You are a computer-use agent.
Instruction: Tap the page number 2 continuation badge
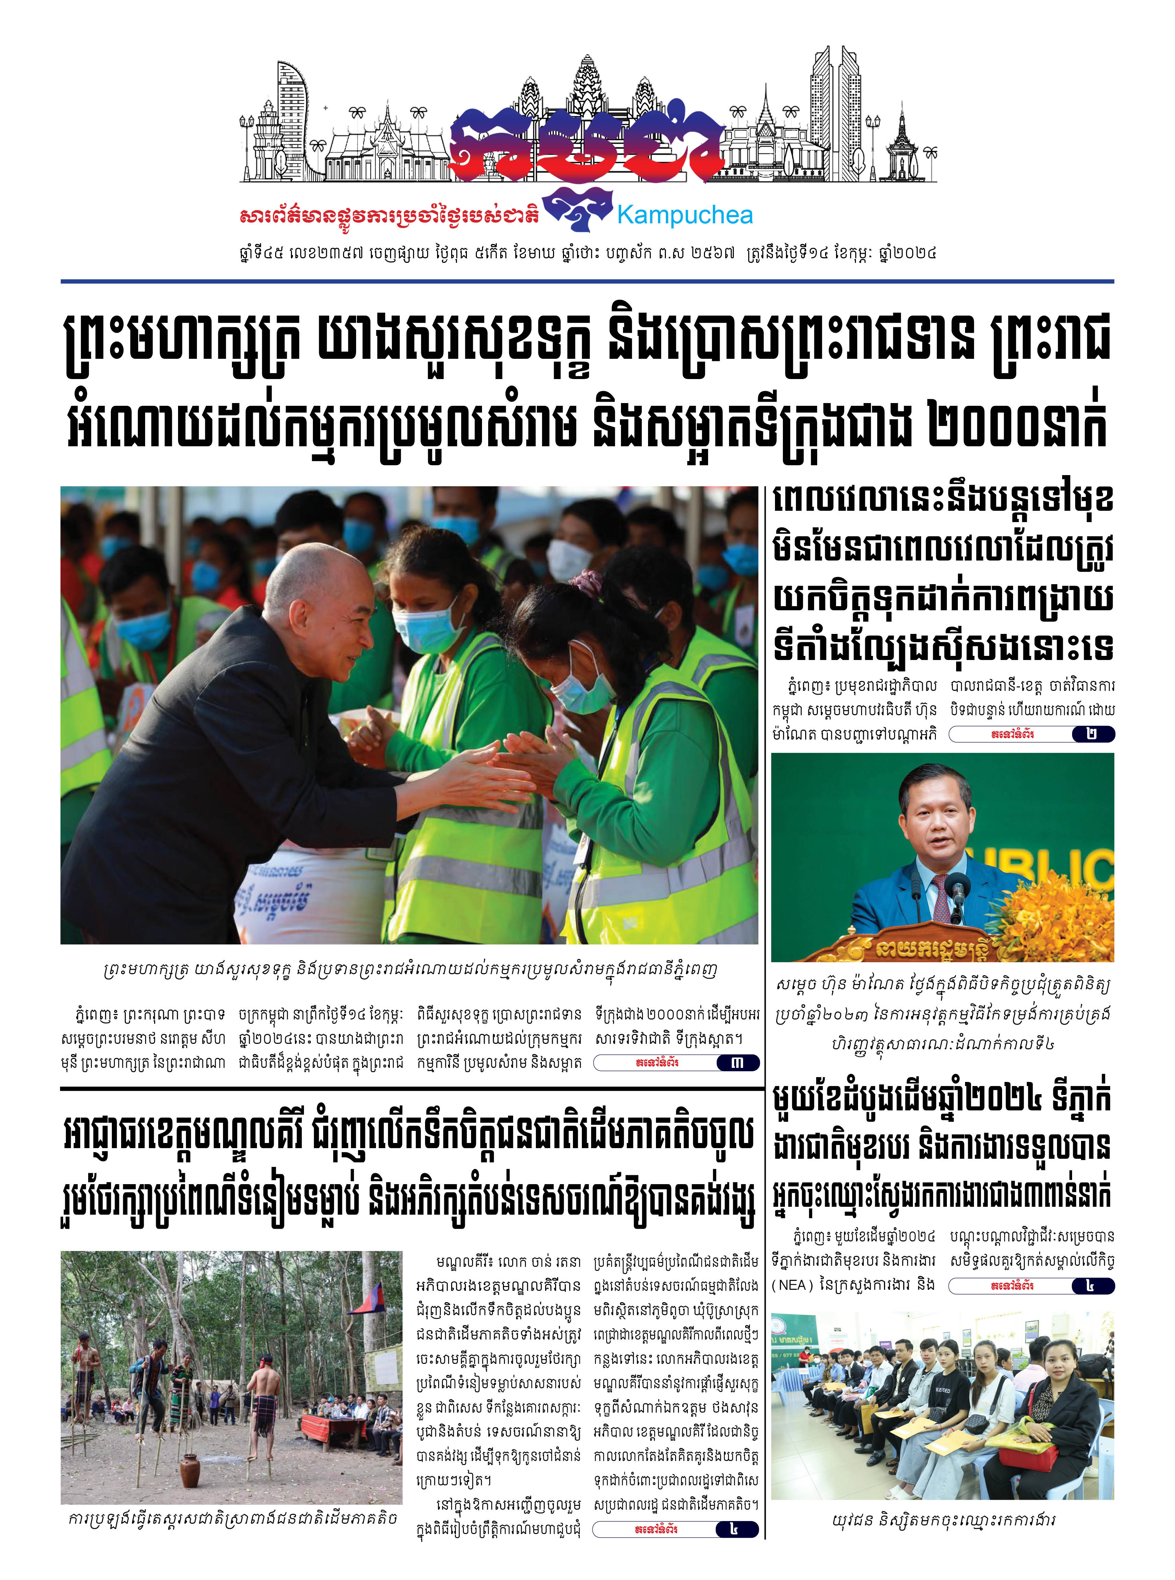1092,734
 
